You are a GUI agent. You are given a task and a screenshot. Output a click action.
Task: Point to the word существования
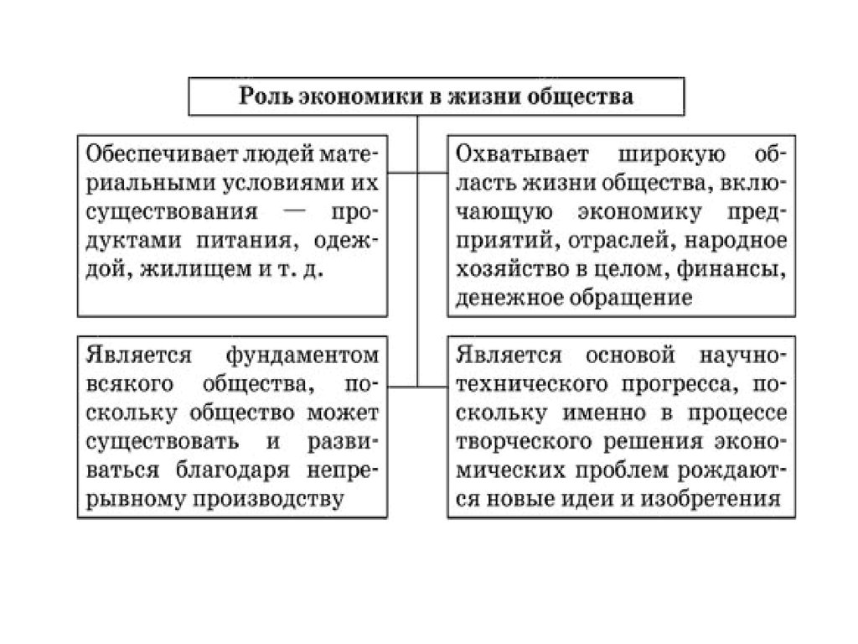pos(171,212)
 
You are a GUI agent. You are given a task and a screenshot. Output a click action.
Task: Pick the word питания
pos(247,241)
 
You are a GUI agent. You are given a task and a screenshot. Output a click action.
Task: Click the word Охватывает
pos(522,155)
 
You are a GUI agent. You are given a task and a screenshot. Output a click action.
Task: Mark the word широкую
pos(671,155)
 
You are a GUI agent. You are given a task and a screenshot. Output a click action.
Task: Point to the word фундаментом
pos(302,356)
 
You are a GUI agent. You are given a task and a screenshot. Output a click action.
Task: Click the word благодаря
pos(233,470)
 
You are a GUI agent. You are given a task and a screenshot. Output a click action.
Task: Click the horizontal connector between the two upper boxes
pos(417,173)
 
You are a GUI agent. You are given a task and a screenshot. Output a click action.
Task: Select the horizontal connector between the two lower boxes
pos(417,387)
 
